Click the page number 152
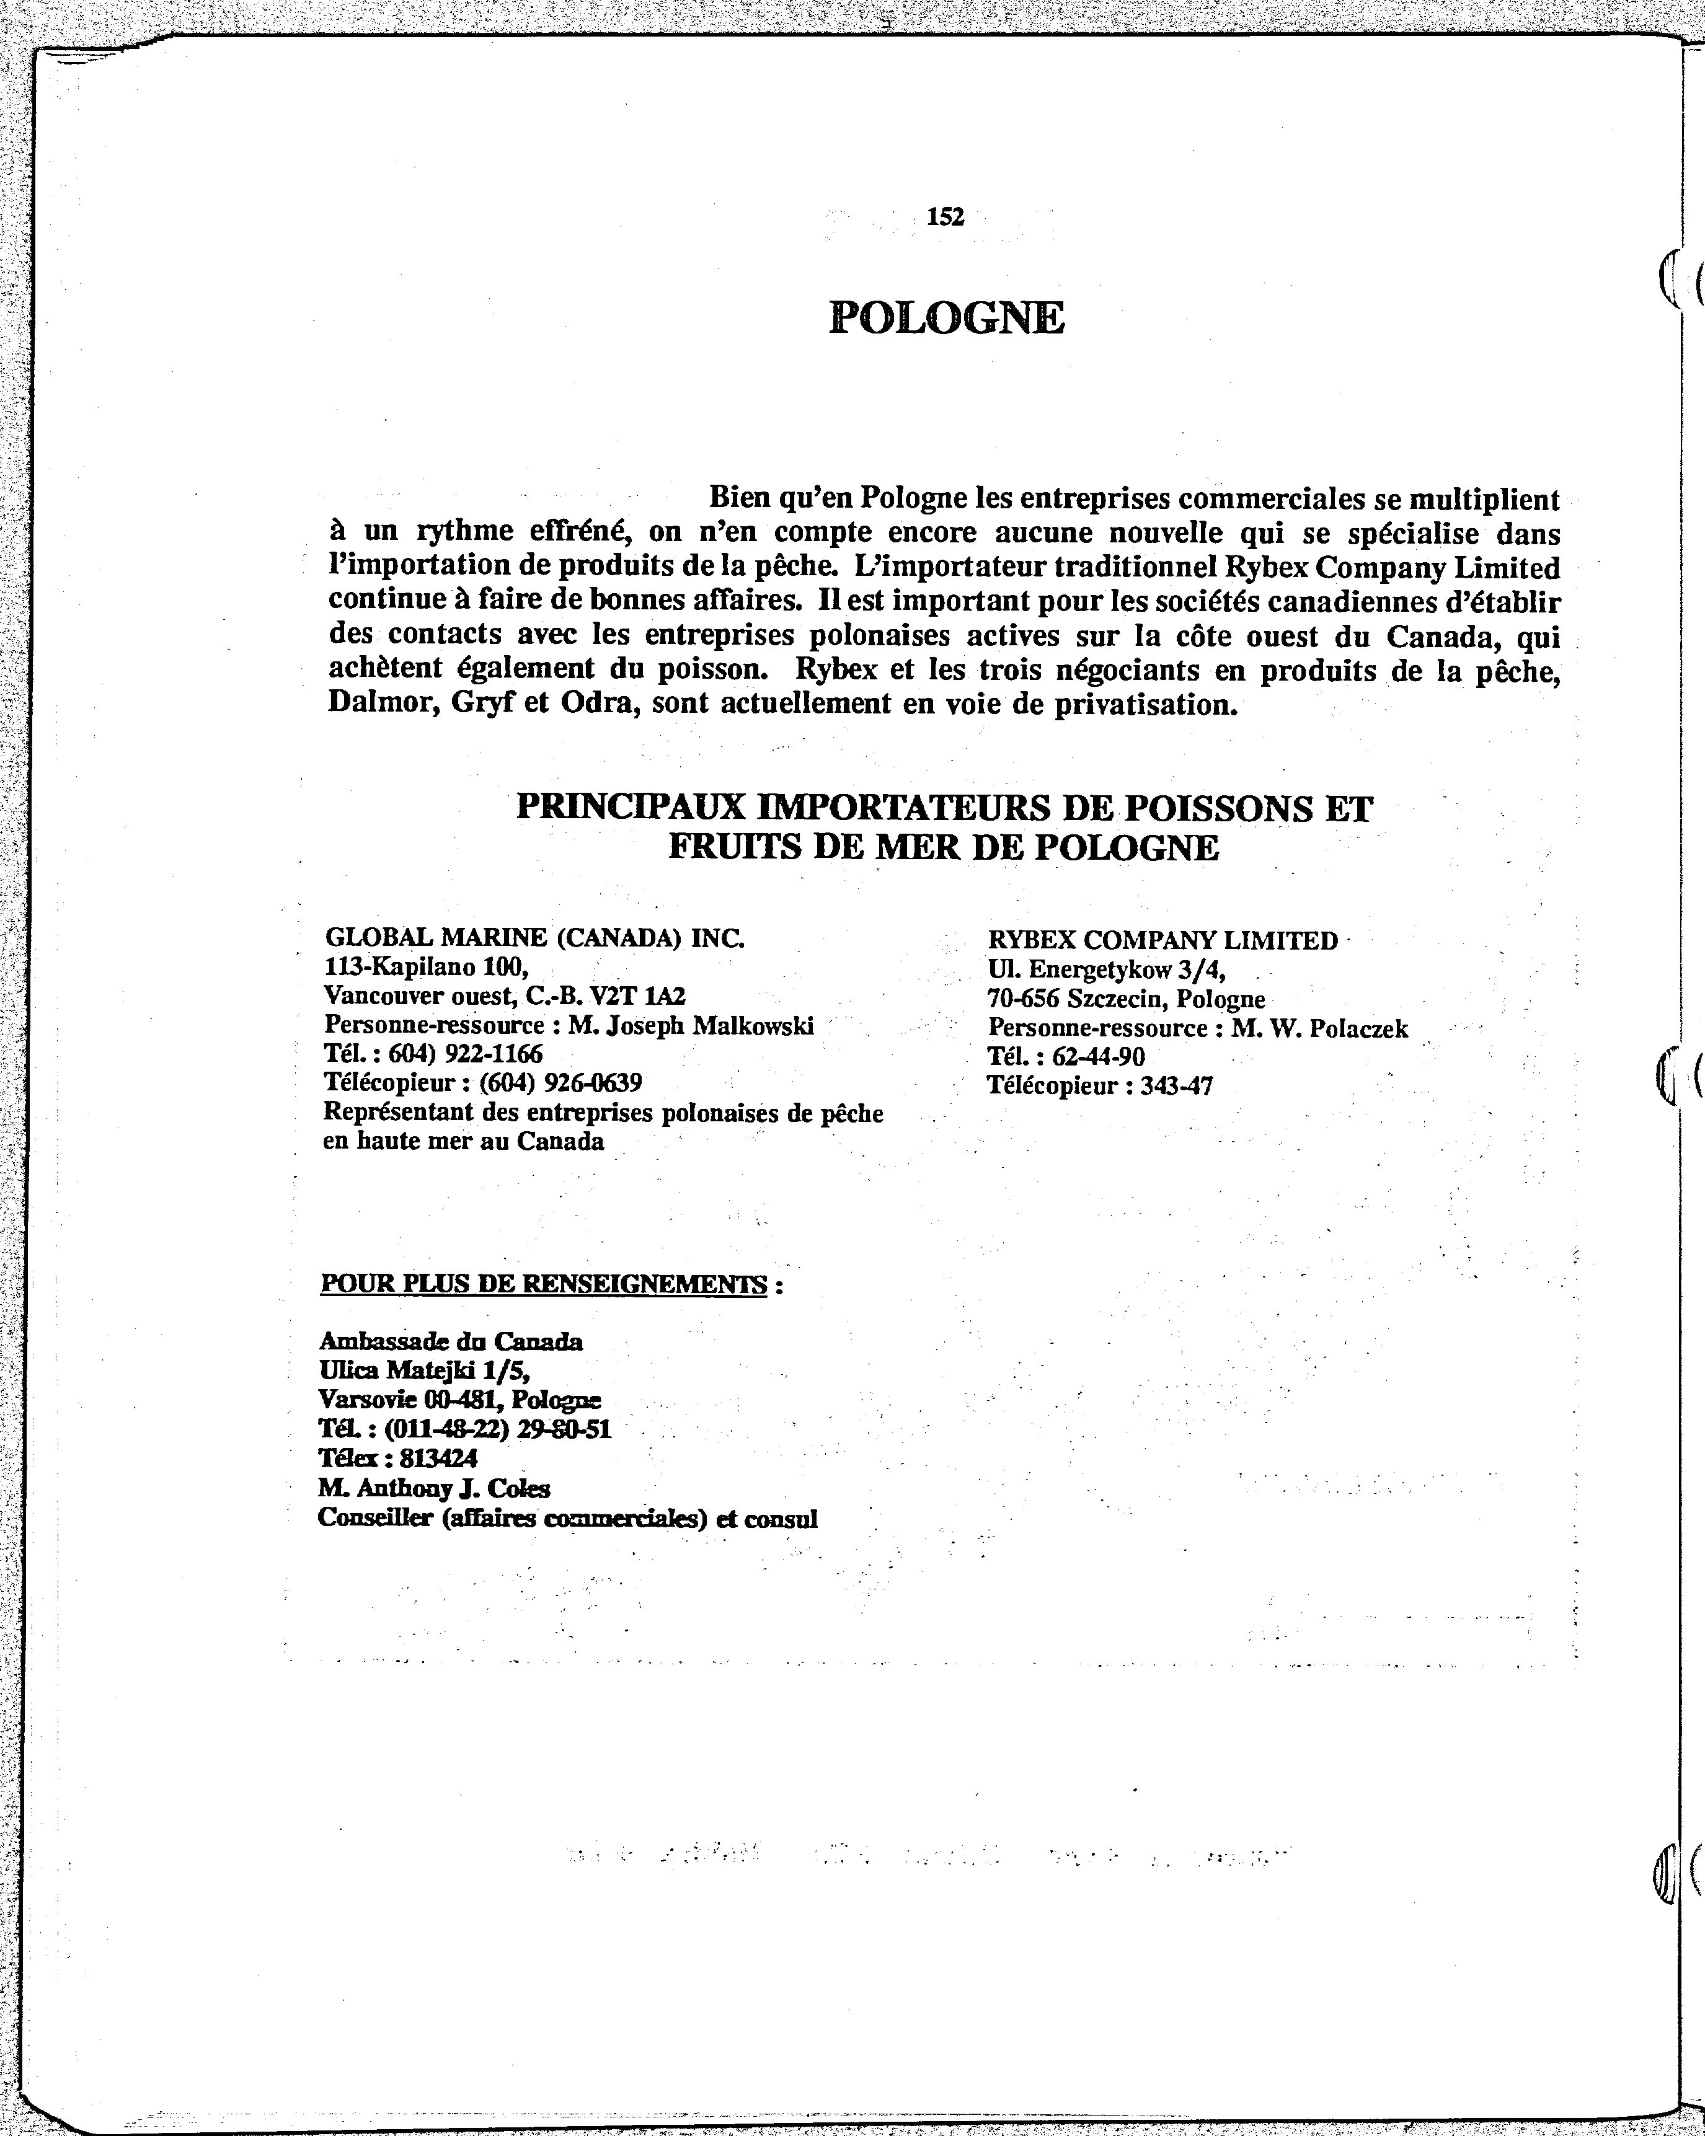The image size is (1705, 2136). click(945, 217)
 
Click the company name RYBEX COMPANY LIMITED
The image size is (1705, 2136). click(1162, 940)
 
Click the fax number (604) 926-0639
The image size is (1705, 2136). click(560, 1082)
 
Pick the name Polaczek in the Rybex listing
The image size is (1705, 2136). click(1358, 1030)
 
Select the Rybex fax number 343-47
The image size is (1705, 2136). click(1176, 1086)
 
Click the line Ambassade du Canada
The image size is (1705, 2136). click(451, 1343)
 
